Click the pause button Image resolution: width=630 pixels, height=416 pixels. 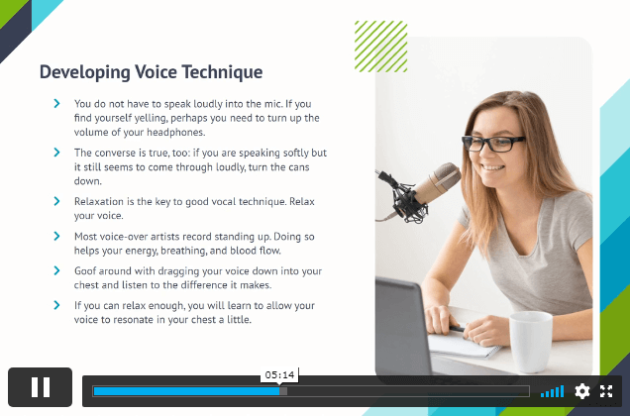(x=41, y=387)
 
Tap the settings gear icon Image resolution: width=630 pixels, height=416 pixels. (x=582, y=391)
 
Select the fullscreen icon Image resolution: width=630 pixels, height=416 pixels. (x=606, y=391)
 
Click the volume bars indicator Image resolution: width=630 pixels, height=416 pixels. (x=553, y=391)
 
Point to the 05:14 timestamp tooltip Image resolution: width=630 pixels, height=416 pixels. (x=279, y=375)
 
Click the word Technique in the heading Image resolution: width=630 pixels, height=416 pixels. (x=222, y=72)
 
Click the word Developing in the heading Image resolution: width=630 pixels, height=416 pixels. (x=84, y=72)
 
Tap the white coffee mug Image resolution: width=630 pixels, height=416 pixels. (x=530, y=342)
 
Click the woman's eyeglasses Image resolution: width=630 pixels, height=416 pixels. (x=492, y=144)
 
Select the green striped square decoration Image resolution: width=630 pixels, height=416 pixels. (x=381, y=47)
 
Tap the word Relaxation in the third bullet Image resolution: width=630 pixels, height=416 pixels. (x=99, y=201)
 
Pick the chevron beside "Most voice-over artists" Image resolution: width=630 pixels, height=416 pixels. (x=56, y=236)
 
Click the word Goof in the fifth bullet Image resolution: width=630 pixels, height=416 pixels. (x=84, y=271)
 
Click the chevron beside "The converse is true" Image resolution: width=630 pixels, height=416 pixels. (x=56, y=153)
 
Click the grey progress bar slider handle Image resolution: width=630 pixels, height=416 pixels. (x=283, y=391)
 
